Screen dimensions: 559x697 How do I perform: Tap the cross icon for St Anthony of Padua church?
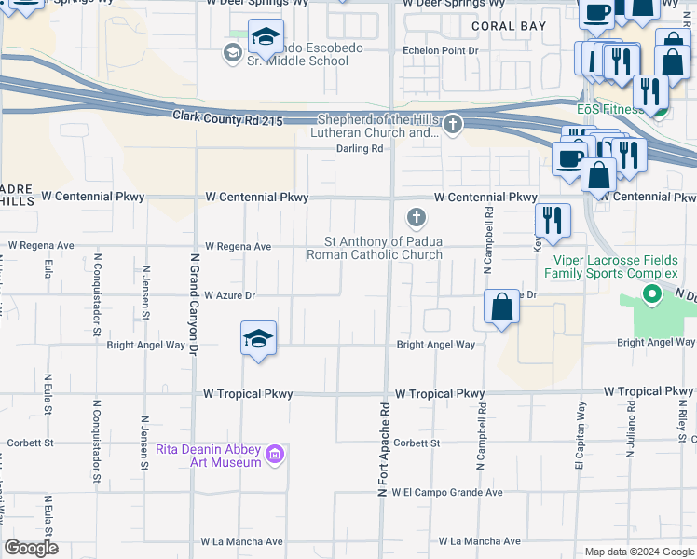click(417, 219)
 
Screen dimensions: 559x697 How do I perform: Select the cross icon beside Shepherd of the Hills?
click(453, 124)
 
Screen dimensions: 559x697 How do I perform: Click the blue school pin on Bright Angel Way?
click(258, 339)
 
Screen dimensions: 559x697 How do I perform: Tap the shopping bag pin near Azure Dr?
click(501, 307)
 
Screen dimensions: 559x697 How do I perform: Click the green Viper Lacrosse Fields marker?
click(652, 296)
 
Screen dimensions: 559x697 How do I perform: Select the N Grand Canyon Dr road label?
click(195, 304)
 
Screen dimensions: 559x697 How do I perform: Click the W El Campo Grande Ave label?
click(446, 492)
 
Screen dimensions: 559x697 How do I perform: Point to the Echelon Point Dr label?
click(439, 50)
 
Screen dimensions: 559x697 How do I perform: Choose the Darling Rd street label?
click(360, 148)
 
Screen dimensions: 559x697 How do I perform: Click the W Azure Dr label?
click(229, 295)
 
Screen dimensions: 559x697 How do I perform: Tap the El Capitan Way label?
click(580, 429)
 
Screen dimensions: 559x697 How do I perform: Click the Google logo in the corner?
click(31, 548)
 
